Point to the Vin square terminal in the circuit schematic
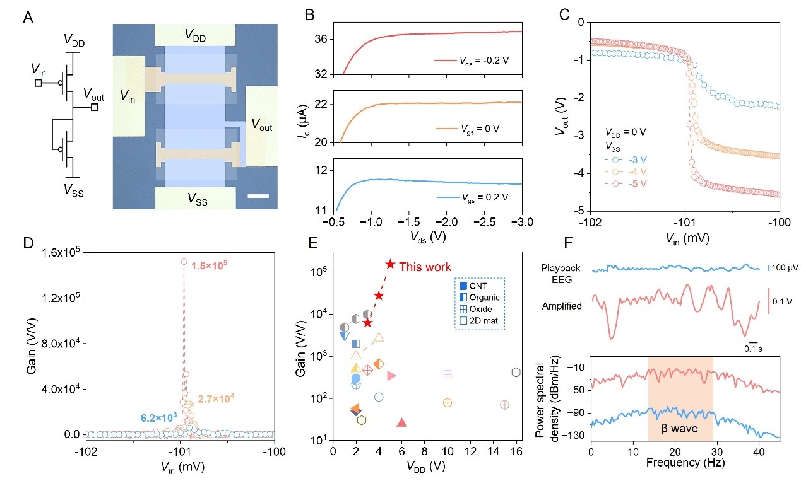39,83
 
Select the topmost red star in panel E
390,265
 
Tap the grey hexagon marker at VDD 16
516,373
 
